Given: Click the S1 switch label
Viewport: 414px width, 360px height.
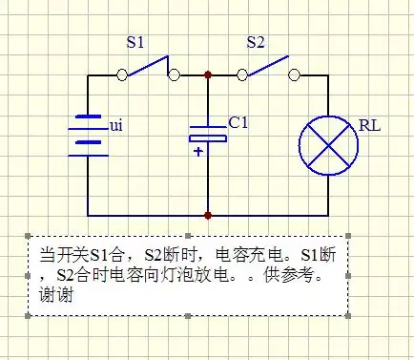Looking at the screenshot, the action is tap(137, 43).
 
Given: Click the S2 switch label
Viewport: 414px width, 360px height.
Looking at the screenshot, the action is tap(256, 43).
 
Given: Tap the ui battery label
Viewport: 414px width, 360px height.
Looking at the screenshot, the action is tap(117, 125).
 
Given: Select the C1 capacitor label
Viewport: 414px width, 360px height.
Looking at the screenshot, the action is tap(238, 122).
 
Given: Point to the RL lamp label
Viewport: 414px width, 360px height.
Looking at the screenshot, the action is tap(368, 124).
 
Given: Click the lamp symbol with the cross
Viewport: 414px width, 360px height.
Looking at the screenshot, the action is tap(328, 146).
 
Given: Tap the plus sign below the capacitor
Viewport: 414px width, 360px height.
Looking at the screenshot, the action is tap(198, 151).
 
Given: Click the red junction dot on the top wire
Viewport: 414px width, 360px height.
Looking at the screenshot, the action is tap(208, 74).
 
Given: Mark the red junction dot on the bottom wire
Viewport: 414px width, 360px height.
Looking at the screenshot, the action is tap(208, 216).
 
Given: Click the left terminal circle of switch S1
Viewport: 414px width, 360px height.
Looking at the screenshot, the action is tap(121, 74).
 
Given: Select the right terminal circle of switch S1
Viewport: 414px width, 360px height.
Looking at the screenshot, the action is tap(173, 74).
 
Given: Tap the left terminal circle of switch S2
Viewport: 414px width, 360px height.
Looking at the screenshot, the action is tap(242, 74).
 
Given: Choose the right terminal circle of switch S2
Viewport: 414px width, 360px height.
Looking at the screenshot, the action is tap(294, 74).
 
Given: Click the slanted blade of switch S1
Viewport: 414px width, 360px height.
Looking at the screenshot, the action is tap(147, 65).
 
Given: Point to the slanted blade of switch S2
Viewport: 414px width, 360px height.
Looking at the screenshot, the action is tap(268, 65).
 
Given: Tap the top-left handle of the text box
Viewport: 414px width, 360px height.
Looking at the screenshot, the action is tap(30, 236).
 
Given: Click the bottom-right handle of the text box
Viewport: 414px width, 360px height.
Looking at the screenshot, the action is tap(348, 315).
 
